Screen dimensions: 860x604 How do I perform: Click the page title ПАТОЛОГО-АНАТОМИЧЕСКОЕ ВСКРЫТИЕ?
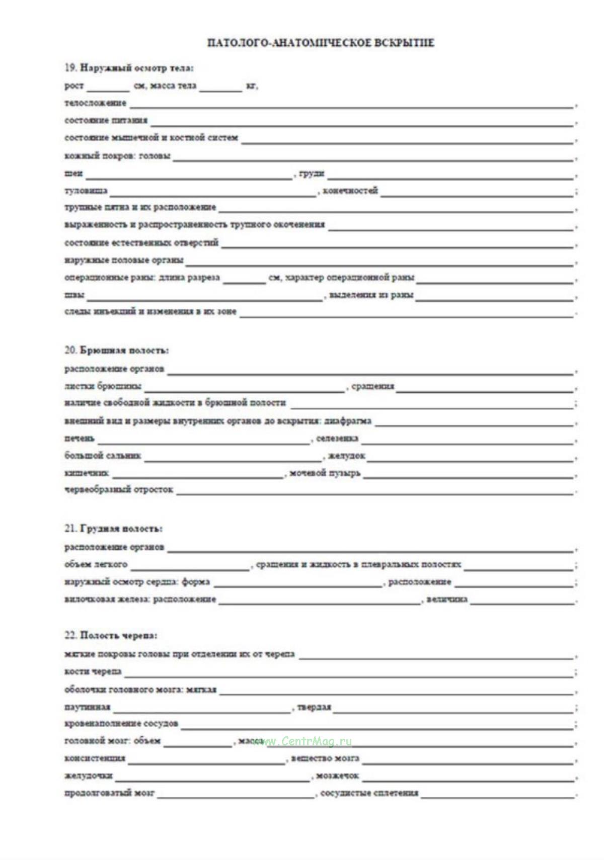[321, 43]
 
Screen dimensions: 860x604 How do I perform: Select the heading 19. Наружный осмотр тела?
[129, 68]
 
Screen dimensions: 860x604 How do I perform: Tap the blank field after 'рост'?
[108, 87]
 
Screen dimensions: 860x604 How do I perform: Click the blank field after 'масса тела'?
[220, 87]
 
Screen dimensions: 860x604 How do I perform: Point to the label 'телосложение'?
[96, 103]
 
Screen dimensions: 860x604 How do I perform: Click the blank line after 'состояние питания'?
[361, 121]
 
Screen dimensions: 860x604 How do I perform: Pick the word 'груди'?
[312, 174]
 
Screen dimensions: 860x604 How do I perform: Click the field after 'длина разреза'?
[244, 279]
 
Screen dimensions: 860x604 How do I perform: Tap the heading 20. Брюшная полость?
[117, 350]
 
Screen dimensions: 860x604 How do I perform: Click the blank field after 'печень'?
[203, 440]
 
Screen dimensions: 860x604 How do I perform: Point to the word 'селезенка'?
[337, 439]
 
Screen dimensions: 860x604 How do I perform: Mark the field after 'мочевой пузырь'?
[468, 474]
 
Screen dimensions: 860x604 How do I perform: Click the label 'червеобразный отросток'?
[119, 489]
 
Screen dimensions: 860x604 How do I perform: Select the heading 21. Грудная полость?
[114, 529]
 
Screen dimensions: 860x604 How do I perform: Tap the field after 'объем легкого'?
[190, 566]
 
